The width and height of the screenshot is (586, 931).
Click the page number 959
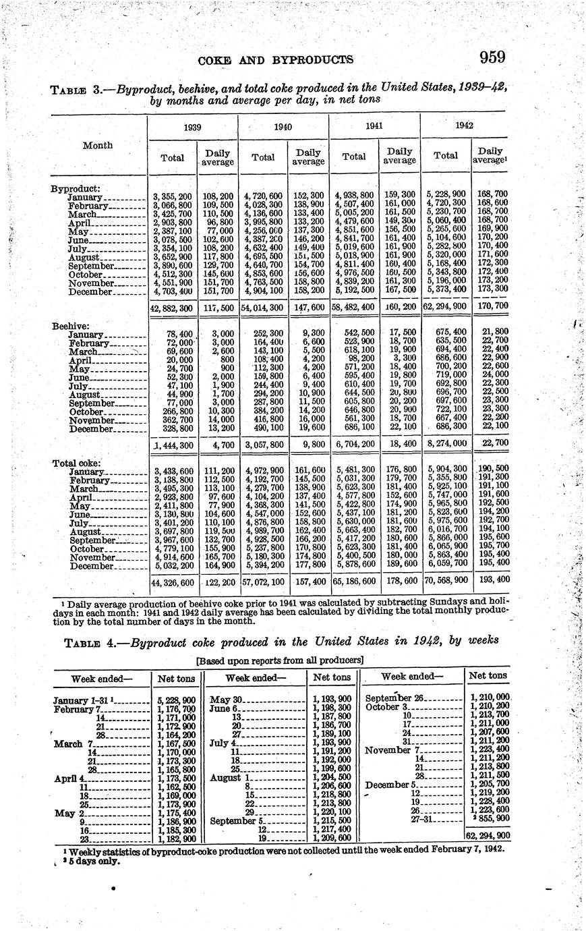492,57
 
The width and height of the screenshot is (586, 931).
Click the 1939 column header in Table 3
173,126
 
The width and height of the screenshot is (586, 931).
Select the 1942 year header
464,125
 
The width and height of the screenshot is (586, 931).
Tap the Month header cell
97,145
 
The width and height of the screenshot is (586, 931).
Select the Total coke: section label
76,463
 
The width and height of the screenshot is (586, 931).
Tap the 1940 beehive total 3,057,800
264,445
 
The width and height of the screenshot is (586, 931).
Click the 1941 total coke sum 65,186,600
355,580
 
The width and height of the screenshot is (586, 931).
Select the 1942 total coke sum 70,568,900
446,580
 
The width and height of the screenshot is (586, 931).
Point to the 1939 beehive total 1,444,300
174,445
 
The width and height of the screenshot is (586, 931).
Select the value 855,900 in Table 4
490,818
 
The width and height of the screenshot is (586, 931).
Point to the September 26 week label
394,698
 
